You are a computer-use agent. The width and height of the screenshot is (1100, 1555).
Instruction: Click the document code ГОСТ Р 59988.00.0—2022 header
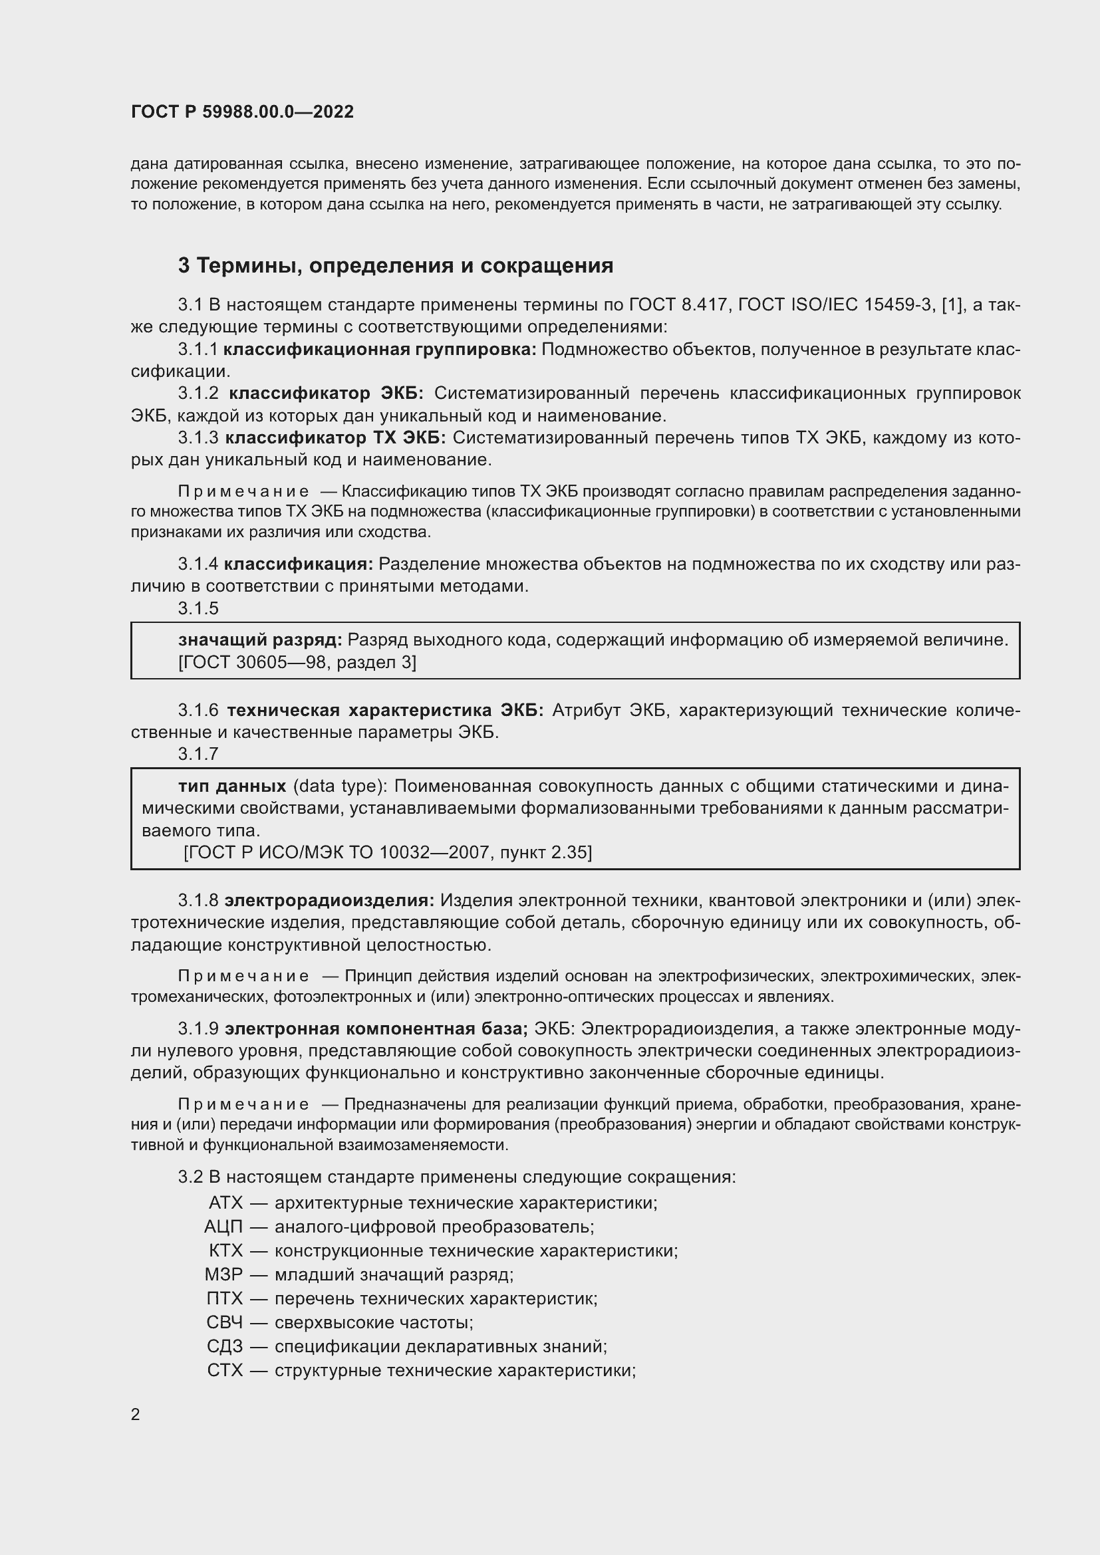pyautogui.click(x=243, y=112)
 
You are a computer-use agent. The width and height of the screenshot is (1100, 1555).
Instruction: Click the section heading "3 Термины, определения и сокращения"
pyautogui.click(x=396, y=266)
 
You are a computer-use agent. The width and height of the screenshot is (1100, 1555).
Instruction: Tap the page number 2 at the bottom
pyautogui.click(x=136, y=1414)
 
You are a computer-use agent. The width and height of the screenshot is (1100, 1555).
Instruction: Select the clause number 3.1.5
pyautogui.click(x=198, y=609)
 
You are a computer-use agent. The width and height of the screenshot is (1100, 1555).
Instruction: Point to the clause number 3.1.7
pyautogui.click(x=198, y=754)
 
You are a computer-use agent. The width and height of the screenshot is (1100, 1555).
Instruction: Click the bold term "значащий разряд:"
pyautogui.click(x=260, y=640)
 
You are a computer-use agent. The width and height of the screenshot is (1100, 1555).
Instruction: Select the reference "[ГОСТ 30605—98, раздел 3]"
pyautogui.click(x=297, y=662)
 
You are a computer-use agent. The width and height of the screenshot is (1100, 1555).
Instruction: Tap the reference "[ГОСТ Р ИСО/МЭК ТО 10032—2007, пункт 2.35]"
pyautogui.click(x=388, y=852)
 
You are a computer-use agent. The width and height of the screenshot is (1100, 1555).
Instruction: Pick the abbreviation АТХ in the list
pyautogui.click(x=225, y=1203)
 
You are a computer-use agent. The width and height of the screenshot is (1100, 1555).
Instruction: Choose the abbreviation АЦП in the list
pyautogui.click(x=223, y=1227)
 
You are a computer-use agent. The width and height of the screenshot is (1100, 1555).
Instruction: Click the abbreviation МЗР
pyautogui.click(x=223, y=1274)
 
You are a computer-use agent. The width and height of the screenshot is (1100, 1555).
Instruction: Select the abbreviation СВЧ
pyautogui.click(x=224, y=1322)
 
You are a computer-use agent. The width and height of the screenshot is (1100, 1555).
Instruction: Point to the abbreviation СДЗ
pyautogui.click(x=224, y=1346)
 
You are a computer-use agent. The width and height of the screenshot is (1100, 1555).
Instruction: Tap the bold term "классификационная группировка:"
pyautogui.click(x=380, y=350)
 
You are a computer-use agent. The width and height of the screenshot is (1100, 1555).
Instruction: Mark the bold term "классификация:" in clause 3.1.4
pyautogui.click(x=299, y=564)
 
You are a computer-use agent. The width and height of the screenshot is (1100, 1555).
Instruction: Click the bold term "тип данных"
pyautogui.click(x=232, y=786)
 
